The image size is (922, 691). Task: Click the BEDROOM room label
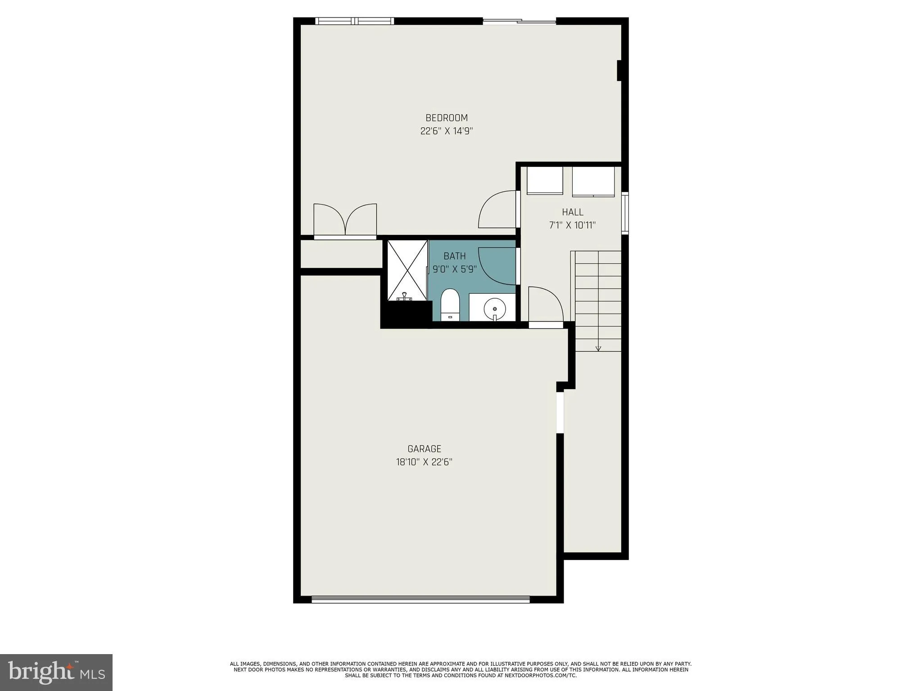(447, 118)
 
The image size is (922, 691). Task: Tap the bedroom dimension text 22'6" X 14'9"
(447, 131)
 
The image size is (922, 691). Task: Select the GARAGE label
(424, 449)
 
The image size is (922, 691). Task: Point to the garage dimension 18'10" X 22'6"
(424, 462)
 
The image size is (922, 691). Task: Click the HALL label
(572, 212)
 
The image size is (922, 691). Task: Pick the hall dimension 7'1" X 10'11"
(572, 225)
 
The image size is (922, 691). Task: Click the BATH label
(454, 256)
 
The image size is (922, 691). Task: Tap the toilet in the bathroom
(449, 305)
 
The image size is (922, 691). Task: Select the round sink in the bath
(494, 309)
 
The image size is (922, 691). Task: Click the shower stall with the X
(407, 270)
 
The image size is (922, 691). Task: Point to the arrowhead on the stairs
(598, 348)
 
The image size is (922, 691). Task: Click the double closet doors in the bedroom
(345, 220)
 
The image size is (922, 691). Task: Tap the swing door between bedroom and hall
(498, 210)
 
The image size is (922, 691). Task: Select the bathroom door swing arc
(497, 266)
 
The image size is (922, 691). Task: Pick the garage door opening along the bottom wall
(420, 599)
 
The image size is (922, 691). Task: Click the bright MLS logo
(56, 672)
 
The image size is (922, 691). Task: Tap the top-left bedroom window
(354, 21)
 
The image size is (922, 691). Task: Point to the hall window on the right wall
(625, 213)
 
